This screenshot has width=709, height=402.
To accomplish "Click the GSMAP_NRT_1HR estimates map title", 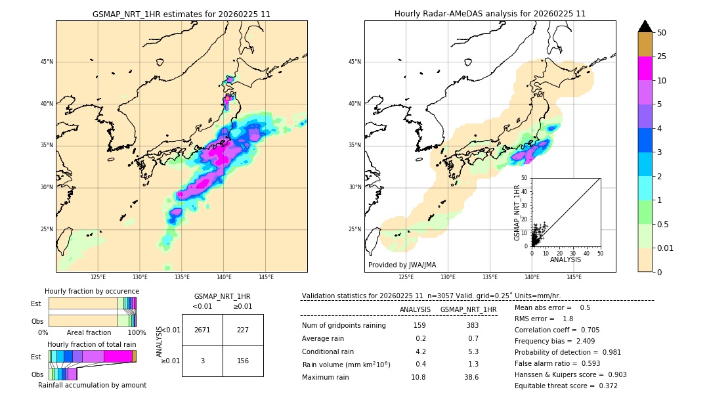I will [x=181, y=14].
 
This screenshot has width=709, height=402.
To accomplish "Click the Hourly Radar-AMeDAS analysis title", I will [x=490, y=14].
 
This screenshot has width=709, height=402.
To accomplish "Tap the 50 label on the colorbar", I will [x=662, y=33].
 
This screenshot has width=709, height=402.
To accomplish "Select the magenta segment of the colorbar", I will [x=645, y=68].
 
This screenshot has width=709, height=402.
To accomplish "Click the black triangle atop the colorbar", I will [x=645, y=26].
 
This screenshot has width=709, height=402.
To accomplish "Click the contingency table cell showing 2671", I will [x=202, y=330].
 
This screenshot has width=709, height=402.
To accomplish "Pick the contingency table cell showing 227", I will [x=243, y=330].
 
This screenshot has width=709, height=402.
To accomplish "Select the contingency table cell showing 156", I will [x=243, y=361].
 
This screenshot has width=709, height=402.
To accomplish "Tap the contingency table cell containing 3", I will [x=202, y=361].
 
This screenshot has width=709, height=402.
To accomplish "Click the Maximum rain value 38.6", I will [x=471, y=377].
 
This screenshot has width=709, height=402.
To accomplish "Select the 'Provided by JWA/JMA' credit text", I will [x=402, y=265].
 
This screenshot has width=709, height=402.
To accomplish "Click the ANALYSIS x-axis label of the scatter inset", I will [x=565, y=259].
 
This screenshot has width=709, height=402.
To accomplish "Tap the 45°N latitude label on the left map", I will [x=47, y=62].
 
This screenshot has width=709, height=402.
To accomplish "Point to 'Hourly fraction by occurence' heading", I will [x=92, y=291].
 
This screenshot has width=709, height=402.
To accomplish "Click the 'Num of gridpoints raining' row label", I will [x=343, y=325].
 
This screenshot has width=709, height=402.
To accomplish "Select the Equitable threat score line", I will [x=566, y=386].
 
